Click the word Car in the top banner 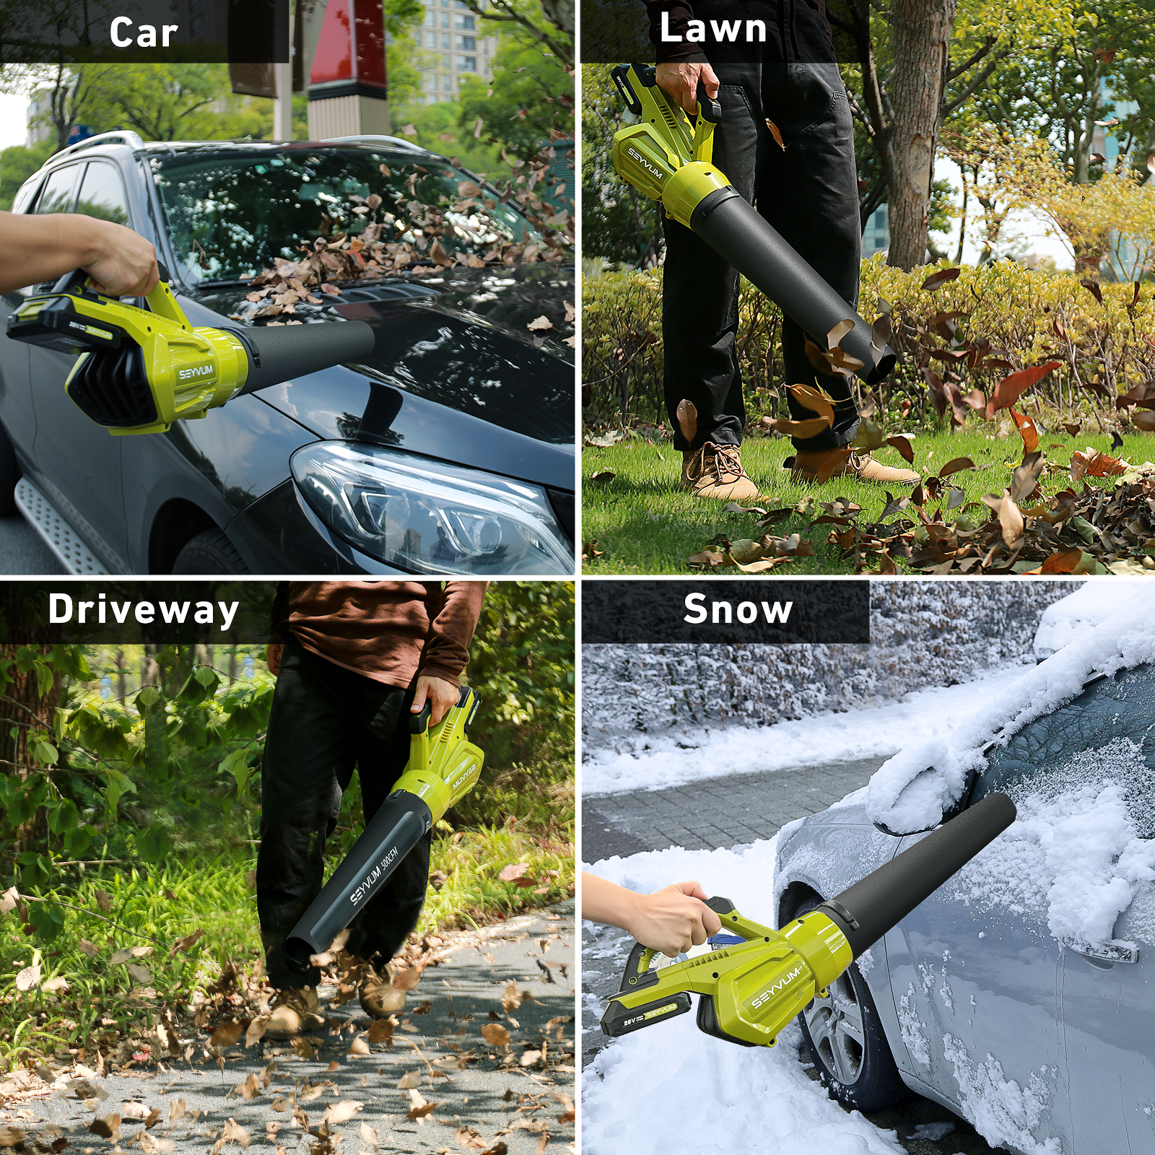pos(144,32)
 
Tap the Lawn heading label pos(713,28)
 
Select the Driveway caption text pos(144,611)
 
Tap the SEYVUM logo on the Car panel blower pos(196,372)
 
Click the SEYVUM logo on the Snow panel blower pos(776,988)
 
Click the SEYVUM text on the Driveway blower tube pos(365,885)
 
